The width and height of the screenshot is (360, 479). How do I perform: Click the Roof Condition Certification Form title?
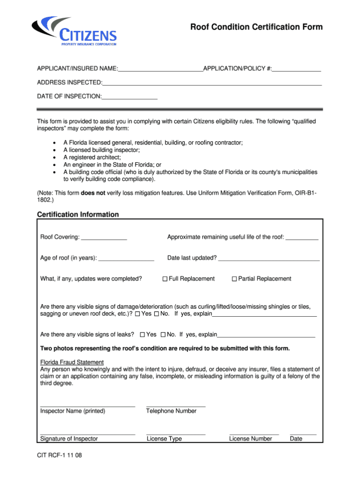(256, 27)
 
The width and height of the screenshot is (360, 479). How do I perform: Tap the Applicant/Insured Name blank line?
(160, 69)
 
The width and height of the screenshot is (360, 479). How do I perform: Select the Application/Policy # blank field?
(296, 69)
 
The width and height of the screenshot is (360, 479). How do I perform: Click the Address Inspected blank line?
(212, 83)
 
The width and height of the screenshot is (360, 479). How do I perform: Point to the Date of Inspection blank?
(129, 97)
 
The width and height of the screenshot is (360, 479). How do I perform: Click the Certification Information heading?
(78, 214)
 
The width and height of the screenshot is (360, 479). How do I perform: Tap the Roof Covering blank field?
(104, 237)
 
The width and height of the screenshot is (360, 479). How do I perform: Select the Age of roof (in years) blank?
(126, 258)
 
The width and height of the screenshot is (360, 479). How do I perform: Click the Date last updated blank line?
(269, 258)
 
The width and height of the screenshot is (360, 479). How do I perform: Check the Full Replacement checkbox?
(165, 279)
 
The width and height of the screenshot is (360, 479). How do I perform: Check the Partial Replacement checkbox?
(234, 279)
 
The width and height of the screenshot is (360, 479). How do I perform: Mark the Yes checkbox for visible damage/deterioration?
(137, 314)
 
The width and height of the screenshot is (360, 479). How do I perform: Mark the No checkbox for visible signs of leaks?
(163, 335)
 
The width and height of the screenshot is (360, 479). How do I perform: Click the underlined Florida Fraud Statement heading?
(72, 362)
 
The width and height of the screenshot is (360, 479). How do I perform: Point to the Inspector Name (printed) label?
(73, 411)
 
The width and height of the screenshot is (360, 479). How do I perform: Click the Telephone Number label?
(171, 411)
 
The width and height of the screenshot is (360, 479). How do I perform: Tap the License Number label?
(250, 439)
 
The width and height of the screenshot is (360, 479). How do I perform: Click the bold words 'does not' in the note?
(93, 193)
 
